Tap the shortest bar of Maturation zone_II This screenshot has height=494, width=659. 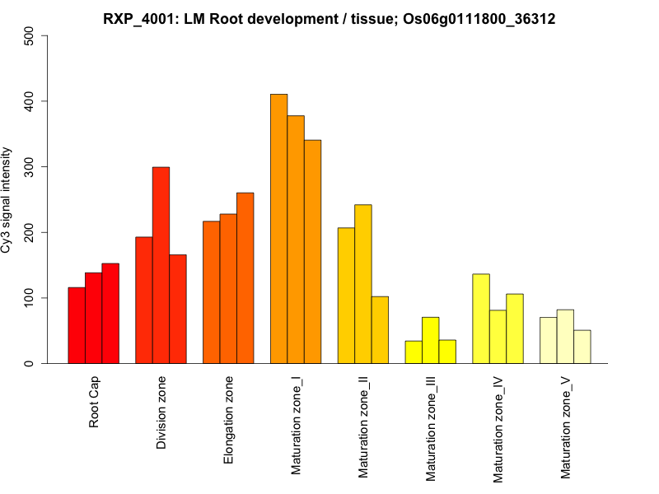click(x=380, y=329)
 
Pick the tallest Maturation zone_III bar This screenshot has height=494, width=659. click(x=430, y=340)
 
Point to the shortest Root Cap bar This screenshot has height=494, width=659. click(x=77, y=325)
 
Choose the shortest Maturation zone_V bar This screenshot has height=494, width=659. click(x=582, y=347)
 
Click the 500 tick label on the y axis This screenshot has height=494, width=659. click(x=30, y=36)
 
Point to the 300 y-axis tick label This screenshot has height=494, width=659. click(x=30, y=167)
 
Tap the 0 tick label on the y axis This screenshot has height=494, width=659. click(x=30, y=363)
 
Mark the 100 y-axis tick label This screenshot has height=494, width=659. click(x=30, y=298)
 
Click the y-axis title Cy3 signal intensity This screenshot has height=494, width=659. click(x=7, y=200)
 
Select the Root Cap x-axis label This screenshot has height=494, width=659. click(x=94, y=403)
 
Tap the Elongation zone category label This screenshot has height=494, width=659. click(x=228, y=420)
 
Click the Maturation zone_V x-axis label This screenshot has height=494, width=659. click(x=565, y=427)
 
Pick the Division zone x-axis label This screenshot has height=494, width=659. click(x=161, y=412)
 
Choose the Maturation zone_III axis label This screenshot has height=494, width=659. click(x=431, y=428)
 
